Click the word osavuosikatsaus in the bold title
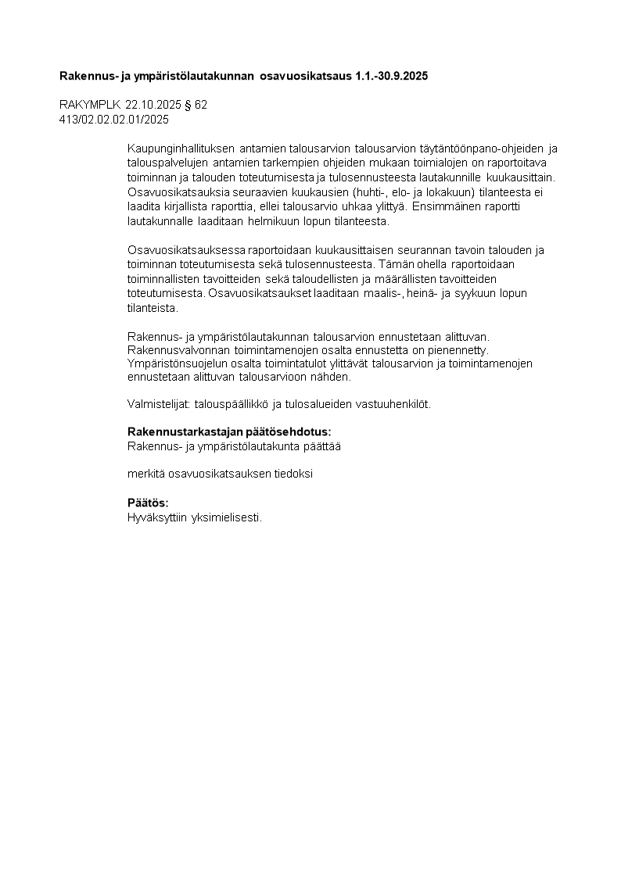coord(298,76)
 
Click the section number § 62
coord(201,104)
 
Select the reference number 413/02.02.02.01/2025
coord(114,120)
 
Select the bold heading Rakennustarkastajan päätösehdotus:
coord(228,431)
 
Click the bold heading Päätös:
coord(148,503)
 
